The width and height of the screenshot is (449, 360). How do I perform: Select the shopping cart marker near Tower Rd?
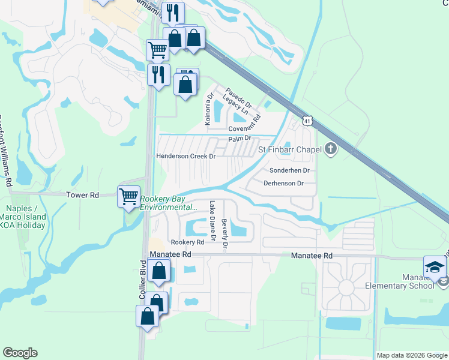coord(129,196)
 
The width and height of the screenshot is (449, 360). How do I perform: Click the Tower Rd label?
coord(82,195)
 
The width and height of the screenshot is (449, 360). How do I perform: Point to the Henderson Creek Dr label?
coord(185,156)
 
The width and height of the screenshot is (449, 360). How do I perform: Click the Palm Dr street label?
coord(238,139)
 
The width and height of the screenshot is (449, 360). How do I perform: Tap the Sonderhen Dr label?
coord(289,170)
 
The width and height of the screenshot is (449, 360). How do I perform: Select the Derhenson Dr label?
coord(284,183)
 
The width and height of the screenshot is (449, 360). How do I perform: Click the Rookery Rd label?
coord(188,242)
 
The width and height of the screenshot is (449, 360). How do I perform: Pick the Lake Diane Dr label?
coord(212,221)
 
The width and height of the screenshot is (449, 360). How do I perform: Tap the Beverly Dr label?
coord(224,233)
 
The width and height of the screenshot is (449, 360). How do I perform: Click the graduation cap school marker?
coord(435,267)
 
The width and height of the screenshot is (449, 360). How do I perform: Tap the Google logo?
coord(20,353)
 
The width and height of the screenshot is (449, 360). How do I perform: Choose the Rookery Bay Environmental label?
coord(168,203)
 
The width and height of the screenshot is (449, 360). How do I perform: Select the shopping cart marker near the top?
coord(157,50)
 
